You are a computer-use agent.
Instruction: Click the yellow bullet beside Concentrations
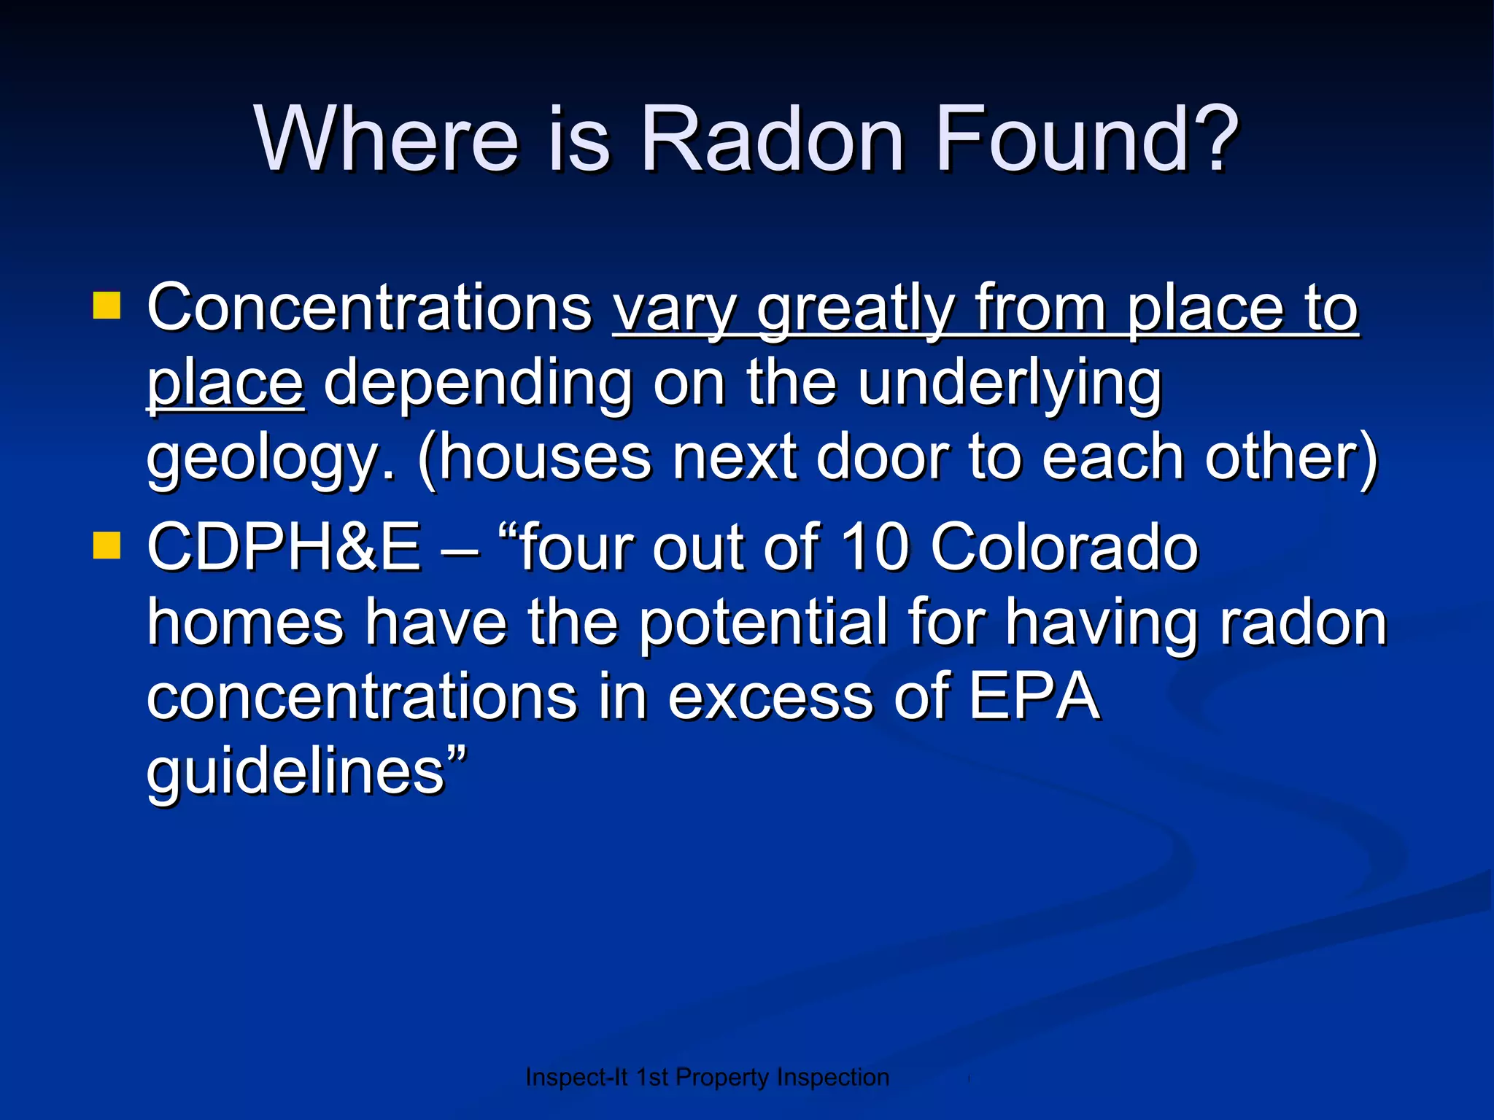[107, 306]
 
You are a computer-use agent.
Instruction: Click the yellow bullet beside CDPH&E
[107, 545]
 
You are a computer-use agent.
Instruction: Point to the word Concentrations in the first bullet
[370, 308]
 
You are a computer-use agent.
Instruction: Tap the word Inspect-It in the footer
[576, 1077]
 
